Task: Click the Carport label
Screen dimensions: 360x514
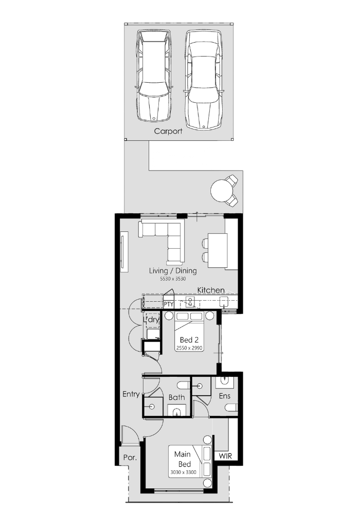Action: pyautogui.click(x=168, y=131)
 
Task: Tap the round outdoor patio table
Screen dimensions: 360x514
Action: pyautogui.click(x=221, y=191)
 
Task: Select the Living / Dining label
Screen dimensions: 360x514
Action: pyautogui.click(x=173, y=271)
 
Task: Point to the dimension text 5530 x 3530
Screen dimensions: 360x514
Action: pyautogui.click(x=173, y=279)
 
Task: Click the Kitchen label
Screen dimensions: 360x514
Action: pyautogui.click(x=211, y=290)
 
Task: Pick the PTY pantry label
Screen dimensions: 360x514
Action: pyautogui.click(x=169, y=304)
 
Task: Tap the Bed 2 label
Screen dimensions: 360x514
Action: pyautogui.click(x=189, y=340)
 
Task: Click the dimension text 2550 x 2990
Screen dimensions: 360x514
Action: pyautogui.click(x=189, y=348)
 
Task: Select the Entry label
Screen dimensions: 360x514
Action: pyautogui.click(x=131, y=394)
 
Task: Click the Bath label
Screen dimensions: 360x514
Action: pyautogui.click(x=176, y=397)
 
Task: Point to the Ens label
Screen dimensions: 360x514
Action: pyautogui.click(x=225, y=396)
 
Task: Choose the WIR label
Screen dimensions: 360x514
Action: pyautogui.click(x=225, y=456)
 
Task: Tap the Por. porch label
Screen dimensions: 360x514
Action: pyautogui.click(x=130, y=457)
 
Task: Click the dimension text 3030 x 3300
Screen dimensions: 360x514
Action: pyautogui.click(x=183, y=472)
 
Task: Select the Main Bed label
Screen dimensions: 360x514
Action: pyautogui.click(x=183, y=459)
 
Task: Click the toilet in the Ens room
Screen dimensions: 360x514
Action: pyautogui.click(x=231, y=408)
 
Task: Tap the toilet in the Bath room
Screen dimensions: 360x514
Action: pyautogui.click(x=183, y=385)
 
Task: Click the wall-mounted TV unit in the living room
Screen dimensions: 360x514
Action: pyautogui.click(x=123, y=251)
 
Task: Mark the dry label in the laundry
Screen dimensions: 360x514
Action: pyautogui.click(x=153, y=320)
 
